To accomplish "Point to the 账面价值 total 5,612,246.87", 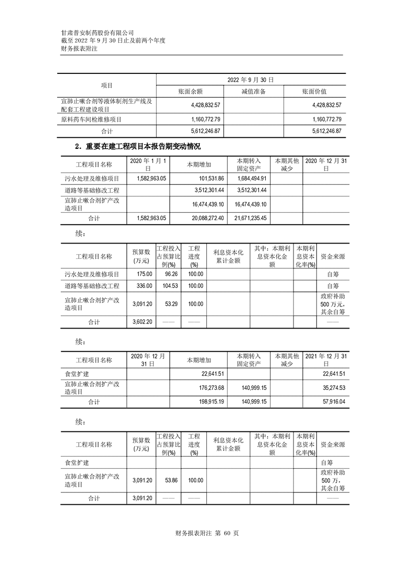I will click(x=321, y=131).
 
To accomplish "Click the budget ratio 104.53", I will click(x=168, y=286).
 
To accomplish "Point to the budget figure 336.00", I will click(x=143, y=286).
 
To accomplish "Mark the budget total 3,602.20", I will click(x=142, y=322).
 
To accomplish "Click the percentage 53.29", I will click(x=168, y=304).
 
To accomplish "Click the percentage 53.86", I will click(x=168, y=480).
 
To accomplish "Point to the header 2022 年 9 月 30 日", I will click(x=250, y=79).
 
